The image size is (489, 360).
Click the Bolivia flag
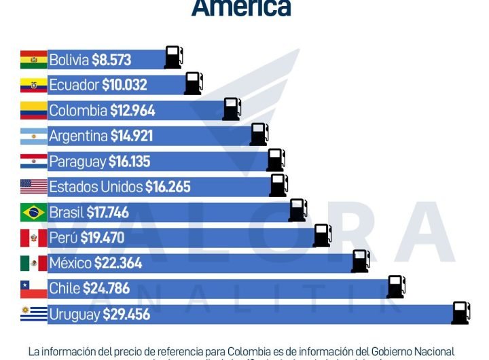pyautogui.click(x=33, y=60)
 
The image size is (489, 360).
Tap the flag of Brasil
pyautogui.click(x=33, y=213)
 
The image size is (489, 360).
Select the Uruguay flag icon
pyautogui.click(x=33, y=314)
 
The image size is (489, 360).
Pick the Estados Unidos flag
pyautogui.click(x=33, y=187)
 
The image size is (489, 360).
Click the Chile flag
pyautogui.click(x=33, y=289)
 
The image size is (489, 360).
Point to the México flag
pyautogui.click(x=33, y=264)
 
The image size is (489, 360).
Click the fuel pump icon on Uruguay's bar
pyautogui.click(x=460, y=313)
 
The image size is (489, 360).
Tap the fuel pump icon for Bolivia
pyautogui.click(x=173, y=57)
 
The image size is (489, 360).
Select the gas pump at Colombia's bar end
pyautogui.click(x=232, y=109)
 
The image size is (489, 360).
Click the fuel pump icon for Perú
pyautogui.click(x=322, y=235)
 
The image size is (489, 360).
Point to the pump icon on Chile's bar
pyautogui.click(x=396, y=287)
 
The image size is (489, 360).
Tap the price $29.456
pyautogui.click(x=127, y=314)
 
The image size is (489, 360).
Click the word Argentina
pyautogui.click(x=78, y=136)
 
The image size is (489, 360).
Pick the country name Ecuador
pyautogui.click(x=74, y=85)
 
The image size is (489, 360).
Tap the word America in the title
pyautogui.click(x=241, y=8)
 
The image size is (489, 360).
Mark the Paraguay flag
pyautogui.click(x=33, y=162)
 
